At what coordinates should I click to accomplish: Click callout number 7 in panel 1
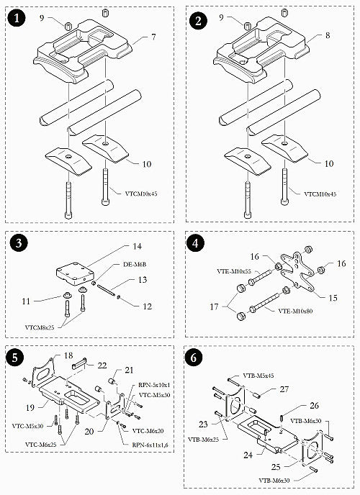[x=153, y=36]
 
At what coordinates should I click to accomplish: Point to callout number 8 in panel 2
[x=330, y=35]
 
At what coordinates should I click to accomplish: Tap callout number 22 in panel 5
[x=102, y=365]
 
